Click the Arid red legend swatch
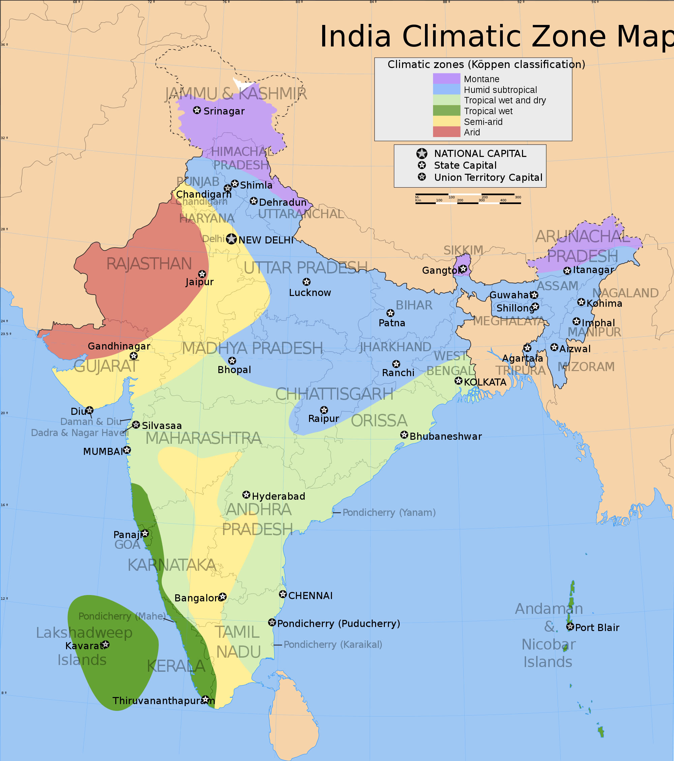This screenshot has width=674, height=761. (x=446, y=132)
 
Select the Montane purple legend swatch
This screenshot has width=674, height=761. (x=446, y=78)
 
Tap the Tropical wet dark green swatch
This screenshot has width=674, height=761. (x=446, y=110)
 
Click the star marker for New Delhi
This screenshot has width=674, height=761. (x=232, y=239)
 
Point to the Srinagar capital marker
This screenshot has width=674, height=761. (x=197, y=110)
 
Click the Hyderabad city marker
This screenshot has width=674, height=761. (x=246, y=495)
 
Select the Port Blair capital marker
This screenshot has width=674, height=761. (x=570, y=627)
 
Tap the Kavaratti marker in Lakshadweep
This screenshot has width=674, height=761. (x=105, y=644)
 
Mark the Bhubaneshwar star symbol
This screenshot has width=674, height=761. (x=404, y=435)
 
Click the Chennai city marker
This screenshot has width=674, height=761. (x=283, y=594)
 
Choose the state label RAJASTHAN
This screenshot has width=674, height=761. (x=149, y=264)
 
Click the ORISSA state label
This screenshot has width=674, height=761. (x=379, y=421)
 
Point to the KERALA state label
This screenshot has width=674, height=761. (x=176, y=666)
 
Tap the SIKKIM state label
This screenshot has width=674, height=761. (x=463, y=250)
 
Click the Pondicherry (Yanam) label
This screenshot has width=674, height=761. (x=389, y=513)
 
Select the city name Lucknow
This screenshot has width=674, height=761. (x=310, y=293)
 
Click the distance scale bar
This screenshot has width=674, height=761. (x=468, y=199)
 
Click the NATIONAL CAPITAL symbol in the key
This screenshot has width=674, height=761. (x=422, y=154)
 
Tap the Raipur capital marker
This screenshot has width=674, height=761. (x=324, y=410)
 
